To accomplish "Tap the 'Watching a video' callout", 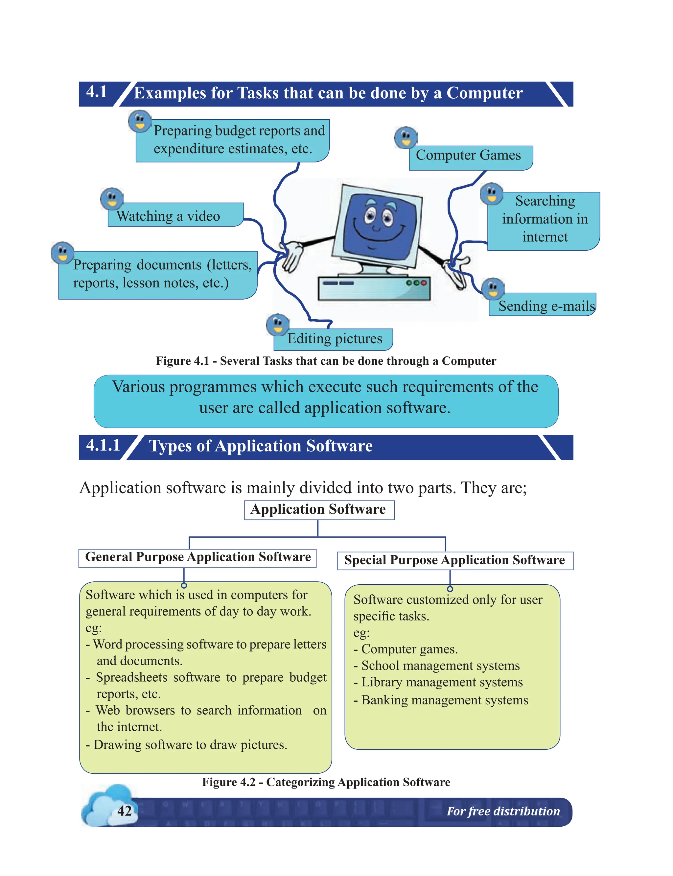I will click(168, 216).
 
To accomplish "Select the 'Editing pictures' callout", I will click(335, 339).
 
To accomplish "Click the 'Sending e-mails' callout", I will click(546, 306).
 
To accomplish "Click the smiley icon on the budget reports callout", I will click(140, 121).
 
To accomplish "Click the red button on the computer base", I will click(424, 283).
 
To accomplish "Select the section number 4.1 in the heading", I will click(97, 92).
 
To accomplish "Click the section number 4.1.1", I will click(103, 446).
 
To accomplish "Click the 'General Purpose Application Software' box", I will click(198, 557).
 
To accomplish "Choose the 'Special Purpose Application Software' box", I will click(455, 560).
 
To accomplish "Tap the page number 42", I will click(125, 811).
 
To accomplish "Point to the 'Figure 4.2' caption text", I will click(326, 782).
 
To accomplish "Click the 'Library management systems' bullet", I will click(442, 682).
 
